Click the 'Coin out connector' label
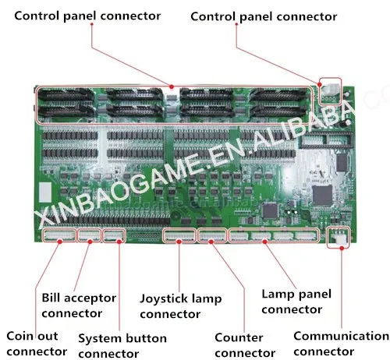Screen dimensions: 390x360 37,344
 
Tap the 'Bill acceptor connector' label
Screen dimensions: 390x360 79,305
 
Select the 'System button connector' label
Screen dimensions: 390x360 122,346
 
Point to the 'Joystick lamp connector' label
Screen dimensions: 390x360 181,306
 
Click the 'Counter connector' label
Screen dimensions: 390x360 245,345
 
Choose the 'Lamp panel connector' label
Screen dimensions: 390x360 296,302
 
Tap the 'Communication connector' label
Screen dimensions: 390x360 341,344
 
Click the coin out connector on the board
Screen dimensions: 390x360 59,235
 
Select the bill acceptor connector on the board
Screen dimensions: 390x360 90,235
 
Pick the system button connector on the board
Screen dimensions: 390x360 114,235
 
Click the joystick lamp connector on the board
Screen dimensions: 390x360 179,235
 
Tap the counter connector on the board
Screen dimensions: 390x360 212,235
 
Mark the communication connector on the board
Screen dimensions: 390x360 338,237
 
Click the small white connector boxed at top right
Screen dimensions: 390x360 330,91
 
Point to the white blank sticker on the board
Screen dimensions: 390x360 45,192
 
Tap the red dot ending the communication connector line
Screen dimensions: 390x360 342,249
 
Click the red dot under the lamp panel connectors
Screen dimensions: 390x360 264,242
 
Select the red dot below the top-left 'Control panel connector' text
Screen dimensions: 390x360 92,24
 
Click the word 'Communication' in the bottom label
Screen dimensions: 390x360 341,336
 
